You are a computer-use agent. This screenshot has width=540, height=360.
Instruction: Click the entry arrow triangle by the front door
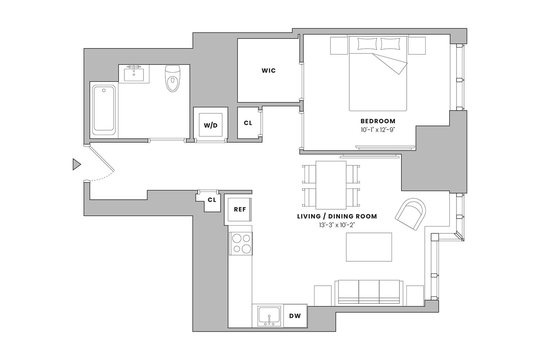tap(76, 165)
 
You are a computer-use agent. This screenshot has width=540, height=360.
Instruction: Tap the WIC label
tap(269, 70)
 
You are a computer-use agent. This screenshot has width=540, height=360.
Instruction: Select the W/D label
tap(211, 125)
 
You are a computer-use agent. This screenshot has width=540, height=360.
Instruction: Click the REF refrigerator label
tap(240, 209)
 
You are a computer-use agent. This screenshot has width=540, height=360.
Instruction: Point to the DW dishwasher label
tap(295, 316)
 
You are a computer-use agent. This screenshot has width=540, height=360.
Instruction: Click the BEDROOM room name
tap(378, 121)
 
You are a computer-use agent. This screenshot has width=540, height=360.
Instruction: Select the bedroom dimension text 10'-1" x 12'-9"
tap(378, 130)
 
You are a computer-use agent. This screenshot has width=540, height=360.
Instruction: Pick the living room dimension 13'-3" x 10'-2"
tap(337, 225)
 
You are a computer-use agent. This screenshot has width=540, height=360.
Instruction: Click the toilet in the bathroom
tap(173, 78)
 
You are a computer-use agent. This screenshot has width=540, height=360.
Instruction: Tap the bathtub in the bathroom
tap(104, 110)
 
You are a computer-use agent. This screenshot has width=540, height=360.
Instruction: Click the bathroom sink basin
tap(134, 75)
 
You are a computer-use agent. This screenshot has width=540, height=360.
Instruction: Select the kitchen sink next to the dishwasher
tap(269, 316)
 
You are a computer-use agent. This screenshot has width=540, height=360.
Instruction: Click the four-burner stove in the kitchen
tap(241, 244)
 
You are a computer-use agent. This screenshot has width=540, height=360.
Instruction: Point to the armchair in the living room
tap(410, 214)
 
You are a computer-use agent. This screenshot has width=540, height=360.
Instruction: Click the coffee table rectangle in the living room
tap(369, 247)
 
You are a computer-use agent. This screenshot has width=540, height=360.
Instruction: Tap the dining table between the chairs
tap(331, 185)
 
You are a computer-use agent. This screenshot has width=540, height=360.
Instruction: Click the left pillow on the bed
tap(367, 44)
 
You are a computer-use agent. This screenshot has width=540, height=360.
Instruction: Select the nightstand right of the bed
tap(417, 46)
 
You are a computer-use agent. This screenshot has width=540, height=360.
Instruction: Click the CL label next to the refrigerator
tap(212, 200)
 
